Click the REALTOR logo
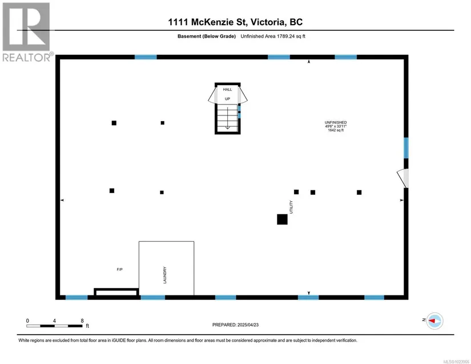(x=26, y=31)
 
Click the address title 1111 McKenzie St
(x=236, y=22)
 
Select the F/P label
(x=120, y=269)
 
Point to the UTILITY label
(x=291, y=207)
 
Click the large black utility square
(x=282, y=219)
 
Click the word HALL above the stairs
(x=227, y=90)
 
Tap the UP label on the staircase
(x=227, y=99)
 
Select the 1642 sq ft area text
(x=336, y=130)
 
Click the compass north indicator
(x=434, y=321)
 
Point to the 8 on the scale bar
(x=82, y=321)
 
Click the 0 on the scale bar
(x=27, y=321)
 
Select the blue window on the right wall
(x=406, y=148)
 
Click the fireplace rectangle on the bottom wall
(x=116, y=293)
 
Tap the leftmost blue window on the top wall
(x=146, y=57)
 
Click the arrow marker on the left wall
(x=62, y=200)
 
